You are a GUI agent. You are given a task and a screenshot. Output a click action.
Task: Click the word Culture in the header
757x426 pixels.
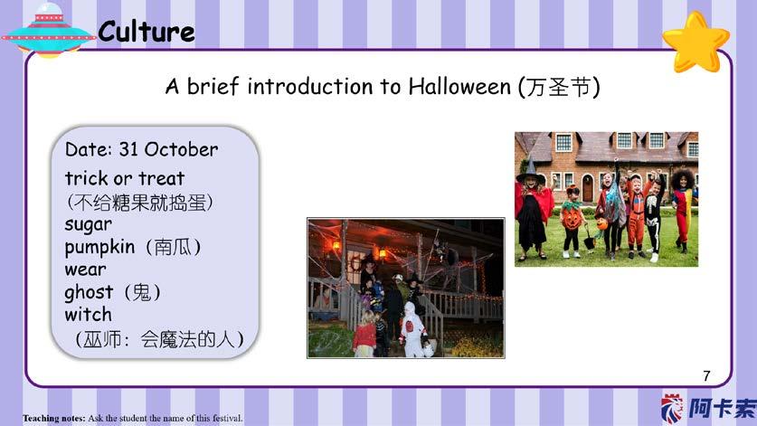147,32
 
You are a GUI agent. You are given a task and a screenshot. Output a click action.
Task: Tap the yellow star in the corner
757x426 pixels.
695,43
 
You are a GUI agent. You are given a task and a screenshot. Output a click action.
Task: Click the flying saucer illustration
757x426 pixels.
48,31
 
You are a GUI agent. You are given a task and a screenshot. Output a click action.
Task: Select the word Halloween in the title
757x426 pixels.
459,87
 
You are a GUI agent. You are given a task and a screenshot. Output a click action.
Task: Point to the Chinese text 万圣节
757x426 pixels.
559,88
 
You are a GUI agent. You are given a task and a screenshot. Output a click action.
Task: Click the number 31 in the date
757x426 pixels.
129,149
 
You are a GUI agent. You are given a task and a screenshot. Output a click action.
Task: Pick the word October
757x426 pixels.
181,149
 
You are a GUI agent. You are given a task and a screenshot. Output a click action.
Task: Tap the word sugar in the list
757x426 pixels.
89,224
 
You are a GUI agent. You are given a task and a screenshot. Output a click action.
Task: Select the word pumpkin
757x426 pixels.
99,247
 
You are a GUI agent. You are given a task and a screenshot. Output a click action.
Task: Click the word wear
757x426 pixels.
85,270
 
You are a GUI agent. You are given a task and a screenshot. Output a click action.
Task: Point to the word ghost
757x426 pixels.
89,293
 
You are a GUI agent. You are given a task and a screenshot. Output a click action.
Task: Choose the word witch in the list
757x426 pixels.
89,315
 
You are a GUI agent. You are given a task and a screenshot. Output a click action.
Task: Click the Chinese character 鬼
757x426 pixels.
141,292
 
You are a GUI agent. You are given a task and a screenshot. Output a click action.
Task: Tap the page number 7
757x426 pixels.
706,375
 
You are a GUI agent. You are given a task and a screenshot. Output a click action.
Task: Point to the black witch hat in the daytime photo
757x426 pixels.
530,169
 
